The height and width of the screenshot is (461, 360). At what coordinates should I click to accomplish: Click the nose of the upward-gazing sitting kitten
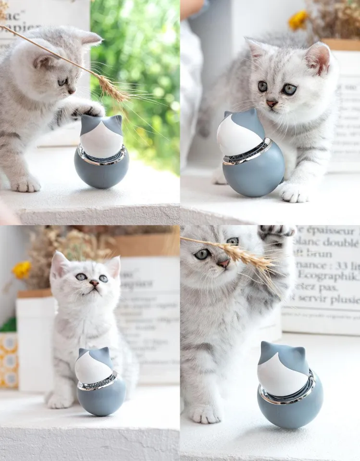[94, 283]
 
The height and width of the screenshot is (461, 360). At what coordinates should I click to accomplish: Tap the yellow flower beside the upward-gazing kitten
[22, 270]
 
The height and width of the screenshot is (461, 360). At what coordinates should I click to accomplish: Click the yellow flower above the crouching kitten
[298, 20]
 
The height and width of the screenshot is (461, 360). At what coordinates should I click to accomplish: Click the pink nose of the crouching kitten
[272, 103]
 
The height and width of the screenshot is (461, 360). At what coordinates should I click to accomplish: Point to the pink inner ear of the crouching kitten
[318, 59]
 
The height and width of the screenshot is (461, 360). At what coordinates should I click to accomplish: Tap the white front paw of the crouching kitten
[293, 193]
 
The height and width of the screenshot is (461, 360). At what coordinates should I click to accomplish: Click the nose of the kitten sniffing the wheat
[223, 263]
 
